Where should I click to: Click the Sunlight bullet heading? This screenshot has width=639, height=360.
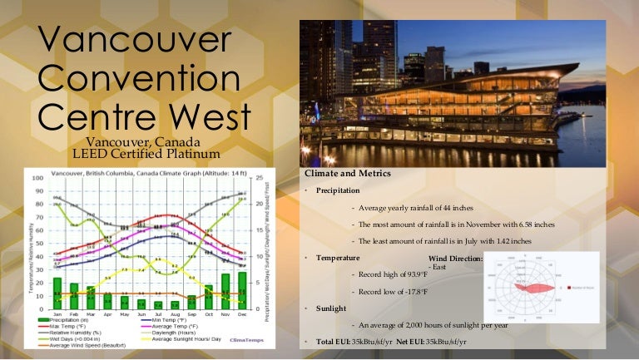click(x=330, y=308)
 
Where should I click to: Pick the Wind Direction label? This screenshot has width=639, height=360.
click(x=455, y=259)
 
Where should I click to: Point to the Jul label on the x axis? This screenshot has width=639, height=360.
click(x=158, y=315)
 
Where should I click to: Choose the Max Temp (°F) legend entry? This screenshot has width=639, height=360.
click(x=74, y=327)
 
